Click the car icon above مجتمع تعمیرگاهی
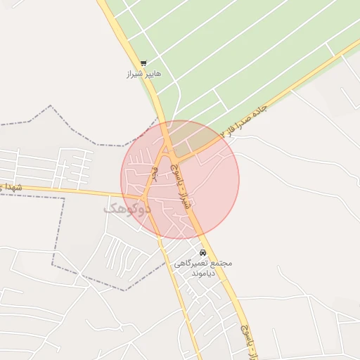pos(202,252)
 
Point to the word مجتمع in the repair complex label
pos(221,263)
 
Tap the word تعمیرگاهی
pos(193,263)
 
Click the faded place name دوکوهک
pos(128,208)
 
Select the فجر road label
pos(153,173)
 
